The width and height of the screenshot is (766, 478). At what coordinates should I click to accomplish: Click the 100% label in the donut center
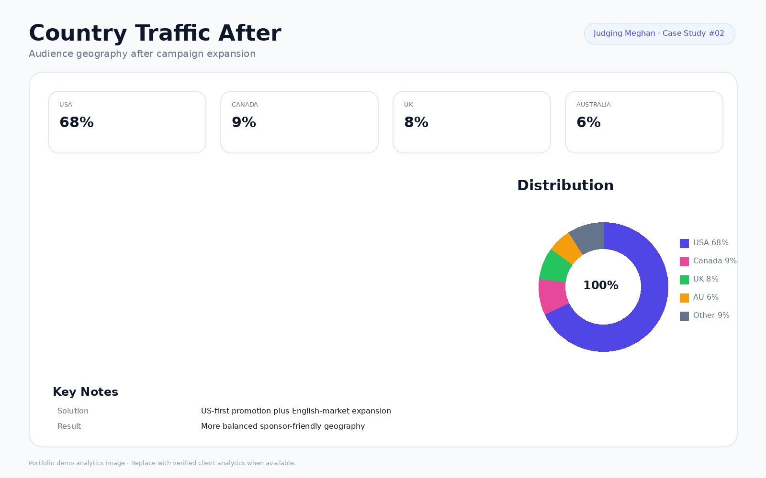click(601, 285)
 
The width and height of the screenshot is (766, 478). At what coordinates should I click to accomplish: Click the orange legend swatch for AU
click(684, 298)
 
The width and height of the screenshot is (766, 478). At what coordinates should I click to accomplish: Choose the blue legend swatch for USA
click(684, 243)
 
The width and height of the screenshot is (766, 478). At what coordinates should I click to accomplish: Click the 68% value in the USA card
click(77, 122)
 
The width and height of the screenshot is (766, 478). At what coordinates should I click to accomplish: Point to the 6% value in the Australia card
click(588, 122)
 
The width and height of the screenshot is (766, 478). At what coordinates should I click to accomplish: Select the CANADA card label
click(245, 105)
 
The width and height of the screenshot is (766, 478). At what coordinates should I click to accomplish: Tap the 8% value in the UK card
click(416, 122)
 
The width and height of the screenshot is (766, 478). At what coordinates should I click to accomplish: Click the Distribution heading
click(565, 185)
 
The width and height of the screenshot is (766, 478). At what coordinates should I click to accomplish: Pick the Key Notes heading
click(86, 392)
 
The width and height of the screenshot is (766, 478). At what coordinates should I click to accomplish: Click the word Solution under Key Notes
click(73, 411)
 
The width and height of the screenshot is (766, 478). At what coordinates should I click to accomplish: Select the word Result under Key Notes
click(69, 426)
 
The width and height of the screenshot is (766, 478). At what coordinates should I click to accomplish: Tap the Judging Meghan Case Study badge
click(659, 33)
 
